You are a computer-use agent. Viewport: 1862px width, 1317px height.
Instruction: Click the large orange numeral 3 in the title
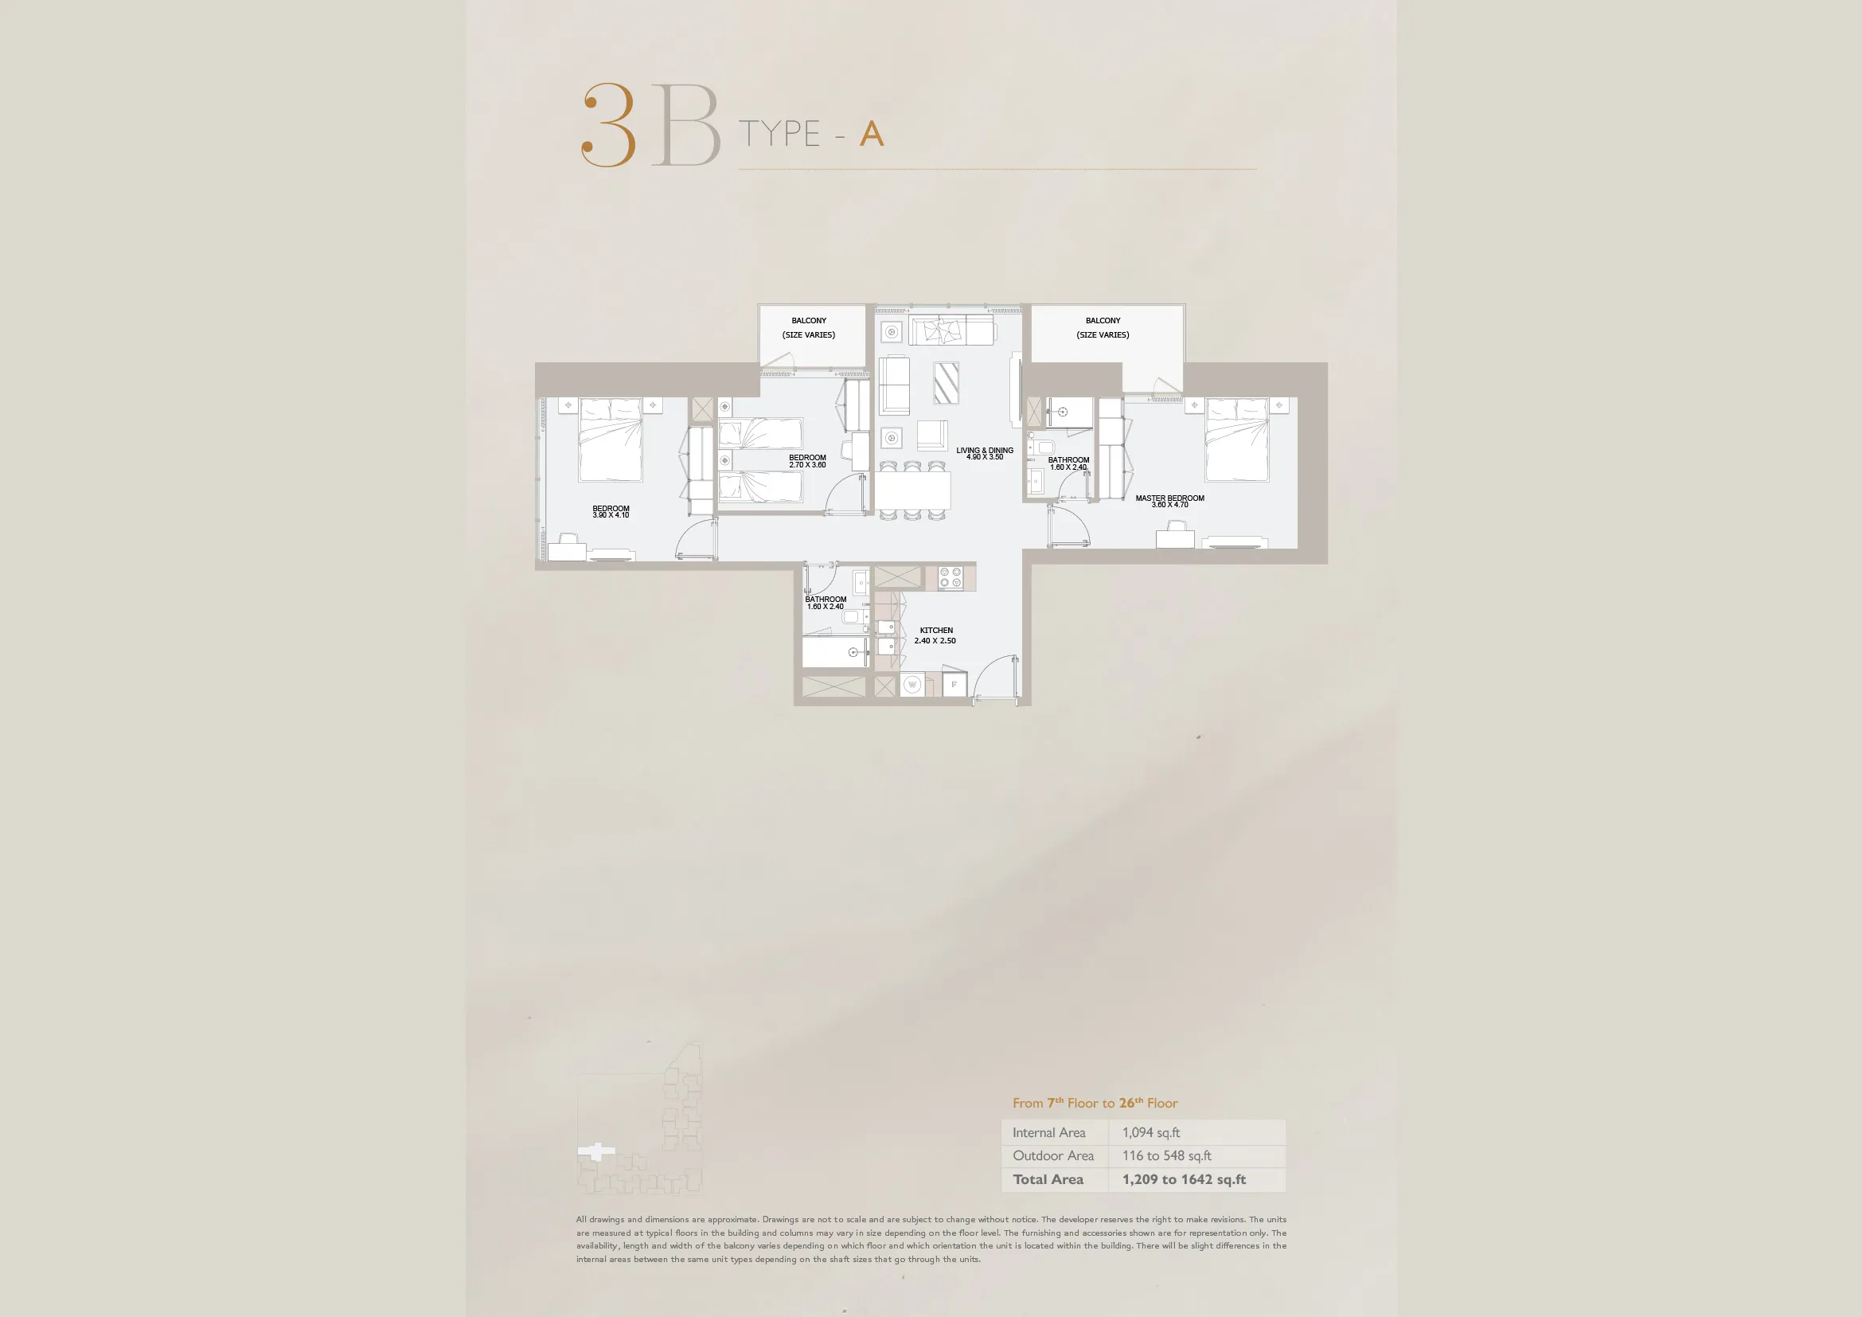[x=608, y=125]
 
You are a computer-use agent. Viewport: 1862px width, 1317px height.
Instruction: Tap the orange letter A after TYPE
[x=872, y=134]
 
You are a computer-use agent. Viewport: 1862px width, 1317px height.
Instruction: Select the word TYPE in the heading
[x=779, y=134]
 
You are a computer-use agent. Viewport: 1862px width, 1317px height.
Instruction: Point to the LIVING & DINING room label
[x=985, y=450]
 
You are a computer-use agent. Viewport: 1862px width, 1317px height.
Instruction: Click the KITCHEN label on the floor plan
[x=936, y=630]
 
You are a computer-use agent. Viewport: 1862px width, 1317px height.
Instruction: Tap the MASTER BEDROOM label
[x=1169, y=498]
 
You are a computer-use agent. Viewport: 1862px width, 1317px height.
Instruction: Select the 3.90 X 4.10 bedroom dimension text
[x=611, y=515]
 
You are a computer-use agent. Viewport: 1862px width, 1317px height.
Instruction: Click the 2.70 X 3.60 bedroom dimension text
[x=808, y=465]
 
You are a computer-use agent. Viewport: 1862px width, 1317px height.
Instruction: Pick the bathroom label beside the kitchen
[x=826, y=600]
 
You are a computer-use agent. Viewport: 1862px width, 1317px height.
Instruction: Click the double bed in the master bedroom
[x=1237, y=440]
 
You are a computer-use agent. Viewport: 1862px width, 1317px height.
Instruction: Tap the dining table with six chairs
[x=912, y=490]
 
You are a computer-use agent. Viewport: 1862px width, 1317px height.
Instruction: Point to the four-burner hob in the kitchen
[x=950, y=577]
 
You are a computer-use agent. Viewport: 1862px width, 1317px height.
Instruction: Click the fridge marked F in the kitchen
[x=954, y=685]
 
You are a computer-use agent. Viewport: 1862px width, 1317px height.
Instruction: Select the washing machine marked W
[x=912, y=686]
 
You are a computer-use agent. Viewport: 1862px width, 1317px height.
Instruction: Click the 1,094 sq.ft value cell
[x=1151, y=1133]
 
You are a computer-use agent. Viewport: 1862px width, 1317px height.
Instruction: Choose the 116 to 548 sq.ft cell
[x=1166, y=1155]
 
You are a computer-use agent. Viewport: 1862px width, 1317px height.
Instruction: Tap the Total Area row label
[x=1048, y=1179]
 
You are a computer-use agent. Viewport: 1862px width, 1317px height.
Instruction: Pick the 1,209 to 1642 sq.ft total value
[x=1184, y=1179]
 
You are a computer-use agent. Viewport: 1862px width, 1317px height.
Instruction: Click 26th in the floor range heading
[x=1131, y=1103]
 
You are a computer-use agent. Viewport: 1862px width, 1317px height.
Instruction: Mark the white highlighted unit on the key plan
[x=596, y=1151]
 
